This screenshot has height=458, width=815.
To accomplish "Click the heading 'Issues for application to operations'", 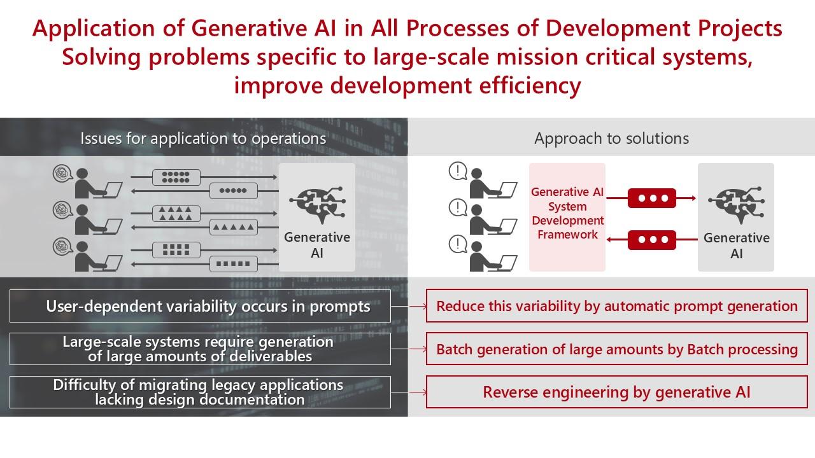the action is click(203, 139).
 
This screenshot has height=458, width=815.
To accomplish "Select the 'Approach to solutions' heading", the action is click(612, 139).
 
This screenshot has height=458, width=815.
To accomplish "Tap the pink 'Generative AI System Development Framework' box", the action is click(567, 217).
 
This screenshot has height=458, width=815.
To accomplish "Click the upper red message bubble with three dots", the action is click(652, 198).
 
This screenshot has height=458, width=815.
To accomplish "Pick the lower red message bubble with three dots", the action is click(652, 240).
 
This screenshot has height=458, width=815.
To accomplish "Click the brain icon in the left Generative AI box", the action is click(317, 204).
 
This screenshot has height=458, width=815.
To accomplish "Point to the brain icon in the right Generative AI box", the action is click(737, 204).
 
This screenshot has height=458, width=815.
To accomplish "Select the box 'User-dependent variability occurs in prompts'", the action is click(200, 306).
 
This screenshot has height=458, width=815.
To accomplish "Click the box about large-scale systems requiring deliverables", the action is click(200, 349).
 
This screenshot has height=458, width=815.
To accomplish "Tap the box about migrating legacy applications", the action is click(200, 392).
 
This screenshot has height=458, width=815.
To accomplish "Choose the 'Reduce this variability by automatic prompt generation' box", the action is click(617, 306).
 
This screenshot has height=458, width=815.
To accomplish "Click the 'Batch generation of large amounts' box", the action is click(617, 349).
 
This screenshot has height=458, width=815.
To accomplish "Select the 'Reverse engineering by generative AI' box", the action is click(617, 392).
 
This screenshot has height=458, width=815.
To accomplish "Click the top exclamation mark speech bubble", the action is click(458, 171).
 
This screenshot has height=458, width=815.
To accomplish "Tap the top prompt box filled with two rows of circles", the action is click(176, 177).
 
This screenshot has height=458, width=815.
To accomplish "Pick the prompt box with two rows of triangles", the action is click(176, 214).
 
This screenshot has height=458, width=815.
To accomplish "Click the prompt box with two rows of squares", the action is click(176, 250).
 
